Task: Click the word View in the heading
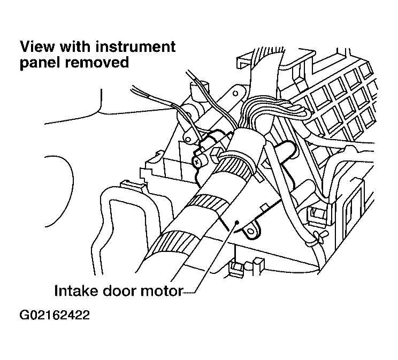[37, 47]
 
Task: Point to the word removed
[97, 62]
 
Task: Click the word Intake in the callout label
[76, 290]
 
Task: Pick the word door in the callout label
[119, 290]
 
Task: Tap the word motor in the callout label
[161, 291]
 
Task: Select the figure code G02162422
[55, 315]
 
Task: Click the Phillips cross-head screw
[196, 161]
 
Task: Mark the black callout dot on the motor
[237, 222]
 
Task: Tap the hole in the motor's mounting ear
[251, 231]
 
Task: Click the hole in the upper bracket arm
[235, 94]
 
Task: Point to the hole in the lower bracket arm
[188, 139]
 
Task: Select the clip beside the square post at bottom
[236, 268]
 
